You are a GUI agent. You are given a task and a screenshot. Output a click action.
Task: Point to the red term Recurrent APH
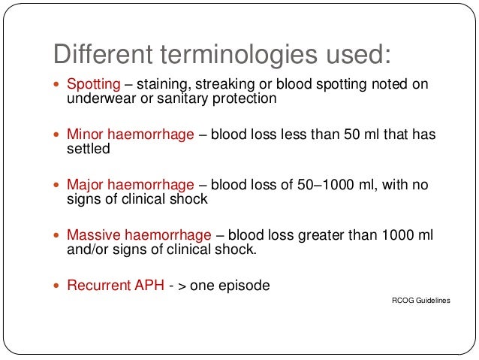tap(113, 286)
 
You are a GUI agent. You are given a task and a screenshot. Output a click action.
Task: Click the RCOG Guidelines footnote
tap(422, 300)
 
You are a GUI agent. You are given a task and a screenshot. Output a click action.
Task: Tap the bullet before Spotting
tap(59, 85)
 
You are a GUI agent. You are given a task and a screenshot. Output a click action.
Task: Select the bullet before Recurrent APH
tap(59, 286)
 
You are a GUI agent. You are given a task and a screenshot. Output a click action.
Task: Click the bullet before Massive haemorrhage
tap(59, 237)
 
